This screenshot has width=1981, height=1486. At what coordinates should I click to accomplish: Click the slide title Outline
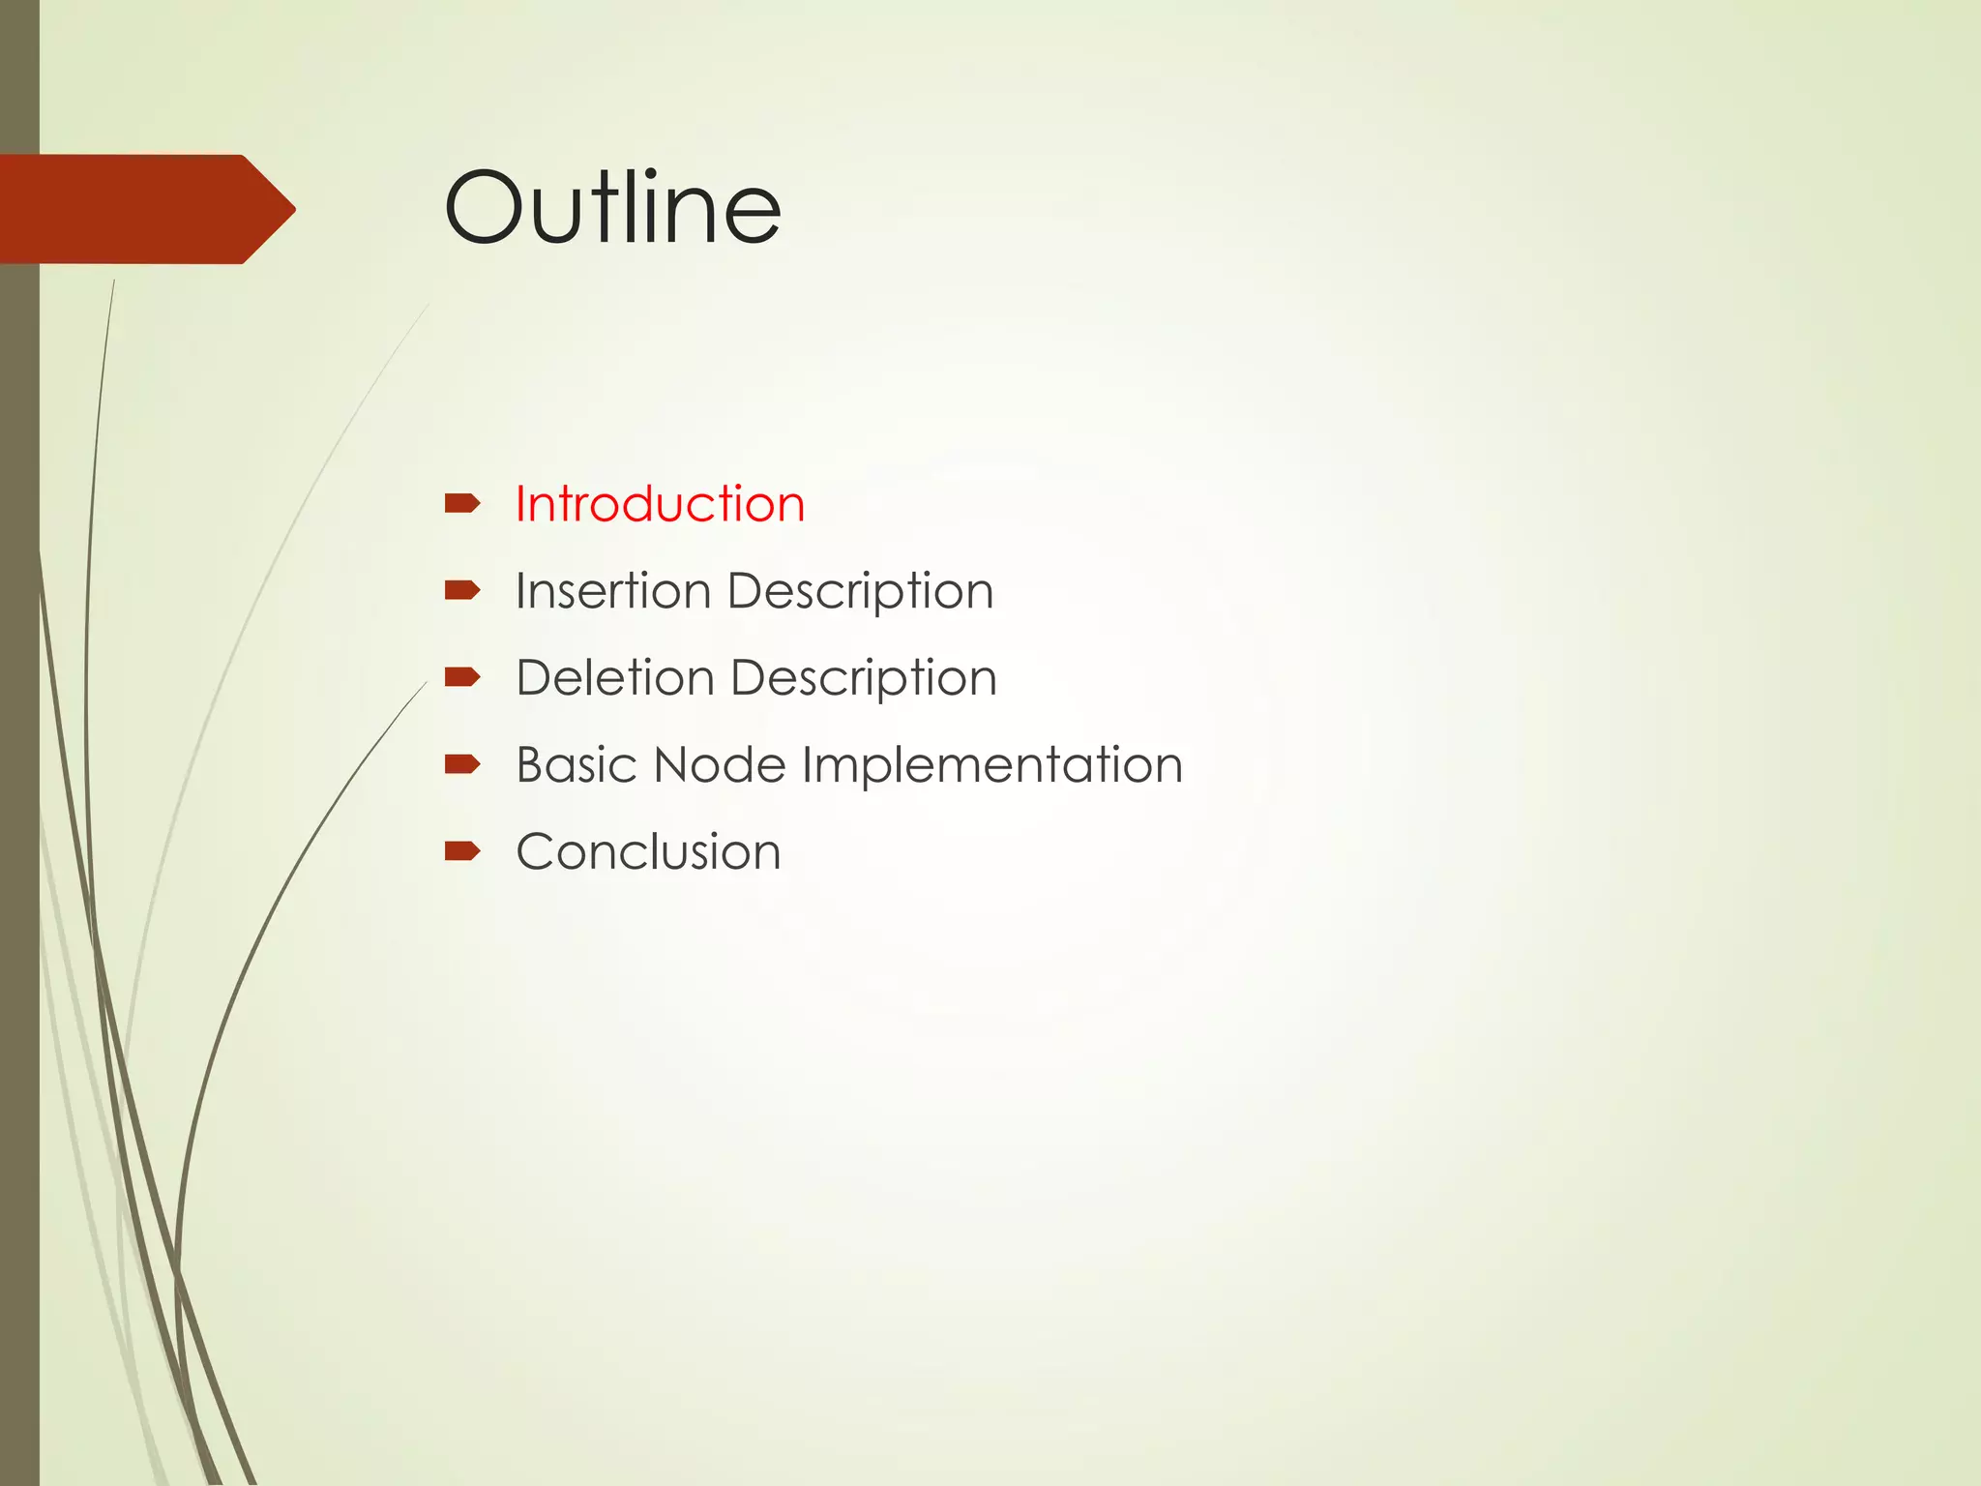612,208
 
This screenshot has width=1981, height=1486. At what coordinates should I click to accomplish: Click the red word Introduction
660,504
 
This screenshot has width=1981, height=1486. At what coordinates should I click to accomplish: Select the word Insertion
613,591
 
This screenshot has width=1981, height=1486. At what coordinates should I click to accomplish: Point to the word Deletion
615,677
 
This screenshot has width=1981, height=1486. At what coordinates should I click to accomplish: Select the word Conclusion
648,852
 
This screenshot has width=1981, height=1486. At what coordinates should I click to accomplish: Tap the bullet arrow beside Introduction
462,503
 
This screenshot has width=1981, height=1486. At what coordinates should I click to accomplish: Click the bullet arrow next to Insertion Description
462,590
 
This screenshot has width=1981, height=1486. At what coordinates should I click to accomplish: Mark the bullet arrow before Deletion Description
462,677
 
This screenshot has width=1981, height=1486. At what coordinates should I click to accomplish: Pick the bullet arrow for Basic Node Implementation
462,764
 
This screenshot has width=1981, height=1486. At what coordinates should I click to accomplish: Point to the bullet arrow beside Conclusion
462,851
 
